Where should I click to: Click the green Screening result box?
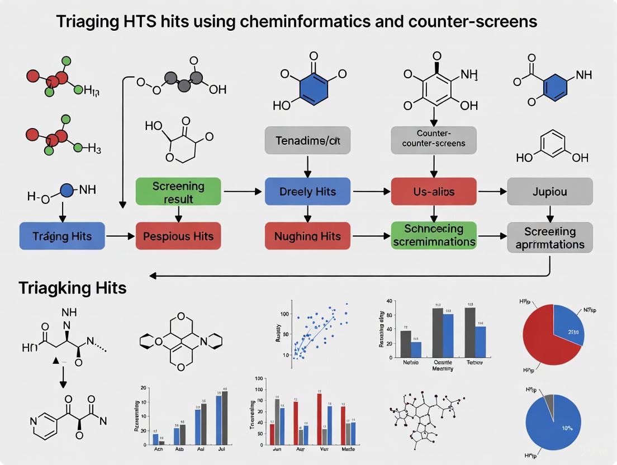point(178,192)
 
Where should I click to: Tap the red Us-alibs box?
point(434,192)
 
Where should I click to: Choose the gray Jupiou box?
point(549,192)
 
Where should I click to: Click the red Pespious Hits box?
point(178,236)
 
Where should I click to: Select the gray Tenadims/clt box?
point(307,140)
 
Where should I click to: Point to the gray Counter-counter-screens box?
point(434,140)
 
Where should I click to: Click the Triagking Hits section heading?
point(73,288)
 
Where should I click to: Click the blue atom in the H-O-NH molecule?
point(67,191)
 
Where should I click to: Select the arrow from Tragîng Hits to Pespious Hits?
point(121,236)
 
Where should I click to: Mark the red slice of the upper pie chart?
point(542,335)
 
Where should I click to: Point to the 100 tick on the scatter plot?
point(285,315)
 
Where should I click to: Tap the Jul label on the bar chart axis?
point(221,448)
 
